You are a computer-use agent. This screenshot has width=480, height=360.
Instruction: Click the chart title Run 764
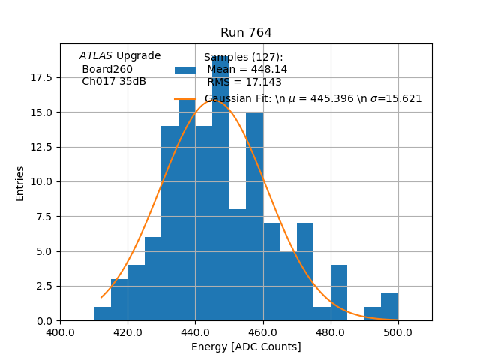(x=246, y=33)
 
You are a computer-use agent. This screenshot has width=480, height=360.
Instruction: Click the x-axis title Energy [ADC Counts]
(x=246, y=346)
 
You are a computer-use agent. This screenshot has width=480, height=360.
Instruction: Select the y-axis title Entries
(x=20, y=183)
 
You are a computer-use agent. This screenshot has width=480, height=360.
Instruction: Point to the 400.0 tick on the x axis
(x=60, y=331)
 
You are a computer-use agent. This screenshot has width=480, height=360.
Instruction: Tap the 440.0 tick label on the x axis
(x=195, y=331)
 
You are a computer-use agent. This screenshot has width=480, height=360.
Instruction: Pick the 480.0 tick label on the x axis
(x=331, y=331)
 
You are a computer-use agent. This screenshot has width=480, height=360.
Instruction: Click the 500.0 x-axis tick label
(x=398, y=331)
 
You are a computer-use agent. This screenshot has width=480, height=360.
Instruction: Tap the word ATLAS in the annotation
(x=95, y=55)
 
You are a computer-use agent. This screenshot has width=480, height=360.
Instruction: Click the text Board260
(x=107, y=69)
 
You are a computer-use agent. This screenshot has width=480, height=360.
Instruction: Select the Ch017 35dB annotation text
(x=114, y=81)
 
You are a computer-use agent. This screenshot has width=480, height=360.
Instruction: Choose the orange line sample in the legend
(x=185, y=98)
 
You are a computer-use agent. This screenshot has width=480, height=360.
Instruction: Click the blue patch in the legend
(x=185, y=70)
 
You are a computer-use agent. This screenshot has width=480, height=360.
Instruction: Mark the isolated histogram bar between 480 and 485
(x=339, y=292)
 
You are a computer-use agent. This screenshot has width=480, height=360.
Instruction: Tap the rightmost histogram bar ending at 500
(x=389, y=307)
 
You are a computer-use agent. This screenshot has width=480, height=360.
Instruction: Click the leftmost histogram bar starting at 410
(x=102, y=313)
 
